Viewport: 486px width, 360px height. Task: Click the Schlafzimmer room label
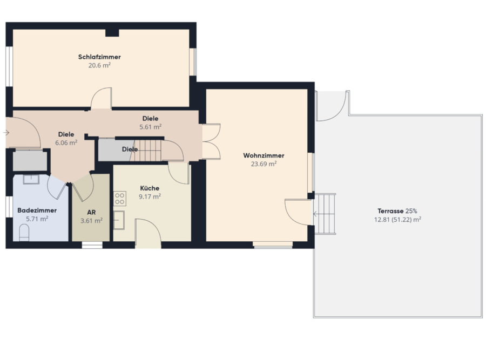click(99, 57)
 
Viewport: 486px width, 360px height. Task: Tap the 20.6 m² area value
click(99, 65)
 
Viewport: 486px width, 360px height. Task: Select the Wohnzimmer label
click(264, 155)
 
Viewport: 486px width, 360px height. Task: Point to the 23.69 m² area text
click(264, 164)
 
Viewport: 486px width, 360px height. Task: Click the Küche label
click(150, 188)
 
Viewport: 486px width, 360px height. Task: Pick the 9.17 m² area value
click(150, 196)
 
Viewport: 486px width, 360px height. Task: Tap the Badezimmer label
click(37, 210)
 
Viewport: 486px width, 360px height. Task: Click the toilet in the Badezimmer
click(24, 233)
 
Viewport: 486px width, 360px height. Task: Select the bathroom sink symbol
click(31, 179)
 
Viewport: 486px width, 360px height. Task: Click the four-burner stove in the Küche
click(120, 199)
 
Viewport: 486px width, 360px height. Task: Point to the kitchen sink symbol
click(119, 220)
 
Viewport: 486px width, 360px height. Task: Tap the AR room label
click(91, 213)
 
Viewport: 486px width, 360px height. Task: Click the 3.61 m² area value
click(91, 221)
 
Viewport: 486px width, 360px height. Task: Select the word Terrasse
click(390, 211)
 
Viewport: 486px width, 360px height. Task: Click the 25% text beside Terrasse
click(411, 211)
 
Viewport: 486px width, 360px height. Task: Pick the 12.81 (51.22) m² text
click(397, 219)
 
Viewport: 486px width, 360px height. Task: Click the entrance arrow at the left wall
click(6, 133)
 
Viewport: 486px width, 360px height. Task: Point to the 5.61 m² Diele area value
click(150, 127)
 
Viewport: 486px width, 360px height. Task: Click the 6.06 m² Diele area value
click(66, 142)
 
